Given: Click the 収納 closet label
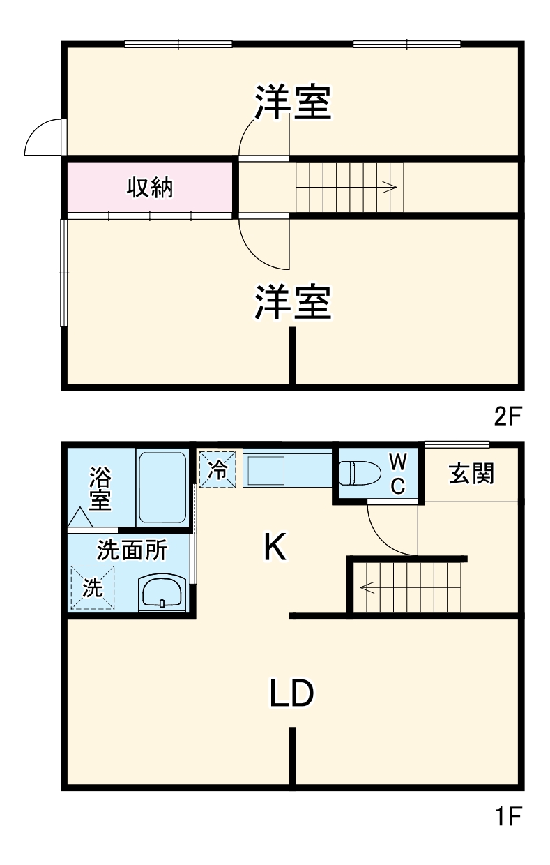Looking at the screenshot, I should pos(149,188).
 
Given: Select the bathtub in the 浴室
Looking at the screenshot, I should pos(162,488).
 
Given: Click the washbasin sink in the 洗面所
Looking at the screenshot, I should pos(162,592).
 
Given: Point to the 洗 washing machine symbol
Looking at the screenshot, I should pos(93,587).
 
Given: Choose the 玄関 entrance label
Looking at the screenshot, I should pos(471,474).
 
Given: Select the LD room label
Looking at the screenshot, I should pos(293,693).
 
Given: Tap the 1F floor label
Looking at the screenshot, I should pos(507,815).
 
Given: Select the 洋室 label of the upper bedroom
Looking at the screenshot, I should pos(291,103).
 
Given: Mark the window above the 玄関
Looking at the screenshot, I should pos(457,443).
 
